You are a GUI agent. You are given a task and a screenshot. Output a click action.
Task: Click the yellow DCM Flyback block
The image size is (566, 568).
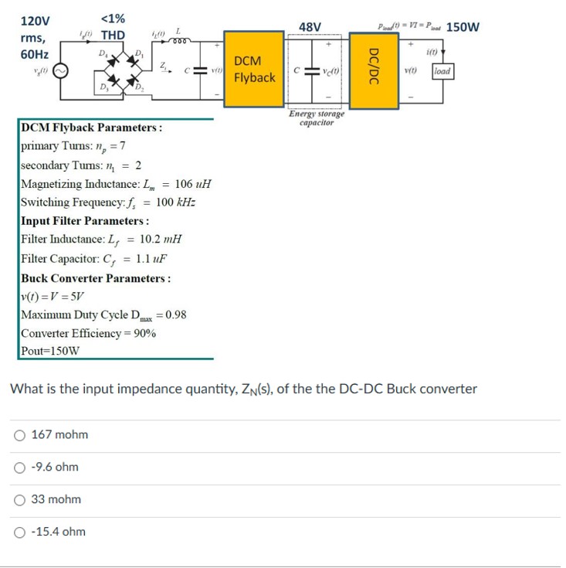[x=254, y=70]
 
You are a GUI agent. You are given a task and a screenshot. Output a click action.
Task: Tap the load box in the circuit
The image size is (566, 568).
[x=442, y=72]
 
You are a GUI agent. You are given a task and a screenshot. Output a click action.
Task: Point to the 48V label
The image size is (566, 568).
[x=310, y=28]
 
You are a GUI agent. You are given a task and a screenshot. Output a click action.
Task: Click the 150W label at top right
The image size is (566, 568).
[x=463, y=27]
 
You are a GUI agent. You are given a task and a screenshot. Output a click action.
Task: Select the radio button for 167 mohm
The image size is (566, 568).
[x=20, y=435]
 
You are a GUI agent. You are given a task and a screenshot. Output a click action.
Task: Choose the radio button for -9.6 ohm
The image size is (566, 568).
[x=20, y=468]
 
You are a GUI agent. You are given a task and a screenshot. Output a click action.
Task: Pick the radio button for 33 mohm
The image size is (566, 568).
[x=20, y=500]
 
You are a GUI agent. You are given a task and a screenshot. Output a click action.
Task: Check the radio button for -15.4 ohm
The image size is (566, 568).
[x=20, y=532]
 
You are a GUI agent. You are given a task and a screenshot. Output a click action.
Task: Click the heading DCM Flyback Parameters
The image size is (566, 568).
[x=91, y=128]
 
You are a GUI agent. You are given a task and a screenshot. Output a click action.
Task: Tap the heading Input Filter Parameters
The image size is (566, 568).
[x=85, y=221]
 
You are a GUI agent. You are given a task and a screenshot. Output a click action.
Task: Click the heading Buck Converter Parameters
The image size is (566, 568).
[x=95, y=278]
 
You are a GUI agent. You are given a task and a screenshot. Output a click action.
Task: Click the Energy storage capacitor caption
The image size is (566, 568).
[x=317, y=118]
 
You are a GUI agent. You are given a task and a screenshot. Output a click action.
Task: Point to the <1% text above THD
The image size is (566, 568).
[x=114, y=19]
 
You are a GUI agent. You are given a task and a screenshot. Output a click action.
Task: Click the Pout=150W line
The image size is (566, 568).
[x=50, y=350]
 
